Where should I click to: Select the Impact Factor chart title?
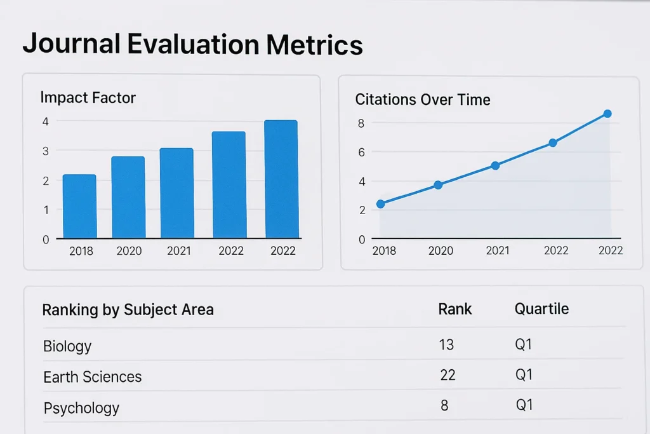88,97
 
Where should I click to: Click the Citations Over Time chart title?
422,100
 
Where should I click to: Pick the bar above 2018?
79,207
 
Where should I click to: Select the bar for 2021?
176,193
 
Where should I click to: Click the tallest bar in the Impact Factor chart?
281,179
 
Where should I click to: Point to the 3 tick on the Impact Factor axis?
45,151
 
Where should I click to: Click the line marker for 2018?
380,204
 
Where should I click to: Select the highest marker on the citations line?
607,114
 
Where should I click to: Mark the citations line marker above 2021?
495,166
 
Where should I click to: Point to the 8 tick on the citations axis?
361,123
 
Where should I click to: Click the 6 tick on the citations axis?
361,153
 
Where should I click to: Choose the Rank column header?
455,309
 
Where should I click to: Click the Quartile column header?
541,309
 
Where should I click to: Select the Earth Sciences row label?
92,377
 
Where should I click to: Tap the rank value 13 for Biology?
446,345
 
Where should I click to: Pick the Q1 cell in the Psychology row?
524,405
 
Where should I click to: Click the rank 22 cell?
448,376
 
